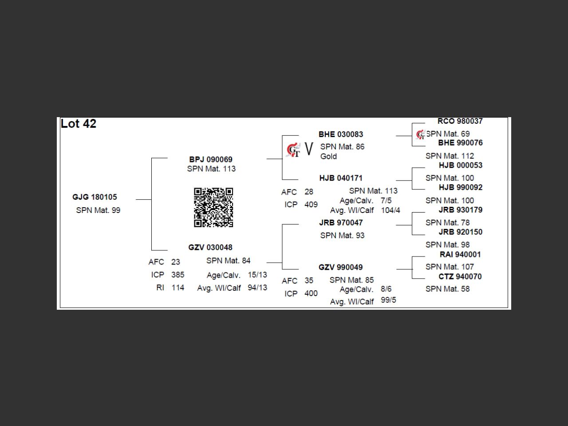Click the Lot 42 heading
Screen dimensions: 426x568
click(79, 124)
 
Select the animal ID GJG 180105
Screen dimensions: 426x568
click(95, 197)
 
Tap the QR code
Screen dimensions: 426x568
click(213, 207)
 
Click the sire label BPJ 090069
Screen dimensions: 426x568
click(211, 159)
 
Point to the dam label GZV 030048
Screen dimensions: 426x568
click(210, 247)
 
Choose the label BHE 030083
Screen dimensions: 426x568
click(341, 134)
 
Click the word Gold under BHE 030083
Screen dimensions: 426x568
click(328, 156)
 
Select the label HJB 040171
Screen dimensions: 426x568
click(341, 178)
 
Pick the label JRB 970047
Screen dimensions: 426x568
click(341, 222)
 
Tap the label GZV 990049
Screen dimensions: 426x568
click(341, 267)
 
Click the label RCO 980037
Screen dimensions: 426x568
click(460, 121)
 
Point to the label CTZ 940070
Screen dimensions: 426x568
click(460, 276)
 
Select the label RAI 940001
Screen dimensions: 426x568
click(460, 254)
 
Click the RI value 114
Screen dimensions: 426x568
click(178, 288)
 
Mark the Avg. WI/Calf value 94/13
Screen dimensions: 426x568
click(257, 288)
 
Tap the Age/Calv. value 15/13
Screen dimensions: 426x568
click(257, 275)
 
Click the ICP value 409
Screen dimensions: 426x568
click(311, 205)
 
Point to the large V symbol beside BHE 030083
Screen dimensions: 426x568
click(309, 149)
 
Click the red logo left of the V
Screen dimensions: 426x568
click(293, 150)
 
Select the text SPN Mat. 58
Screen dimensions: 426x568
click(447, 289)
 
